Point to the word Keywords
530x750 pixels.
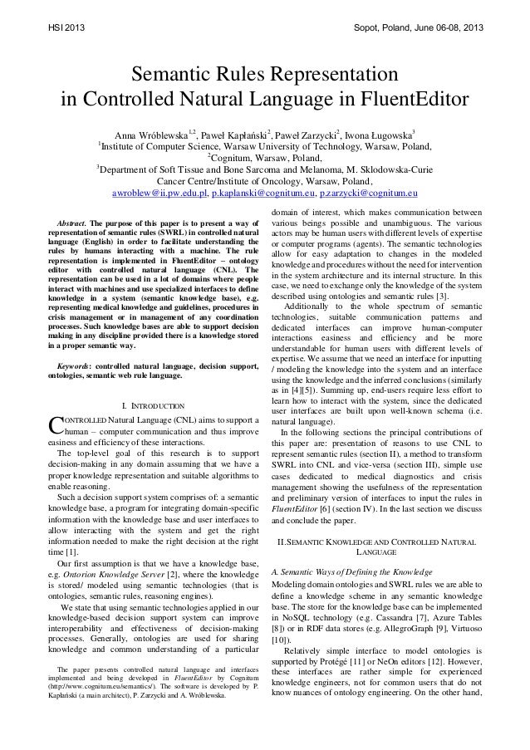click(x=73, y=365)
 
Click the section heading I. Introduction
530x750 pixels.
click(x=153, y=405)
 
